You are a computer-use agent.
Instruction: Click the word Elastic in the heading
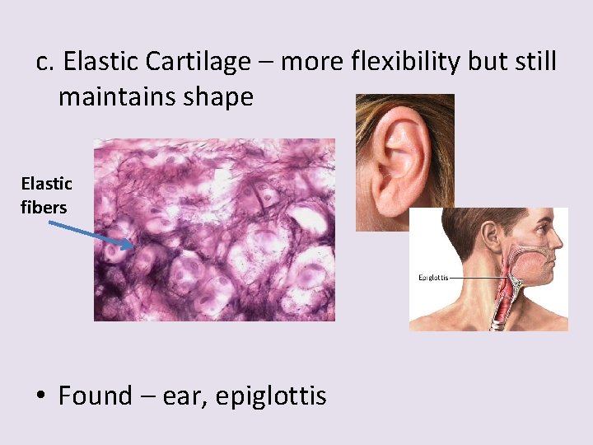pos(96,61)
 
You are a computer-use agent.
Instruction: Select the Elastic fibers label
pos(46,195)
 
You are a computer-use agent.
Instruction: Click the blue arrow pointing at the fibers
pos(86,232)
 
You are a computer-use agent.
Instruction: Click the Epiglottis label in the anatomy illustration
pos(433,277)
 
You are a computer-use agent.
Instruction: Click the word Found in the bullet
pos(95,396)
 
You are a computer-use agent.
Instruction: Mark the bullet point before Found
pos(40,396)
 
